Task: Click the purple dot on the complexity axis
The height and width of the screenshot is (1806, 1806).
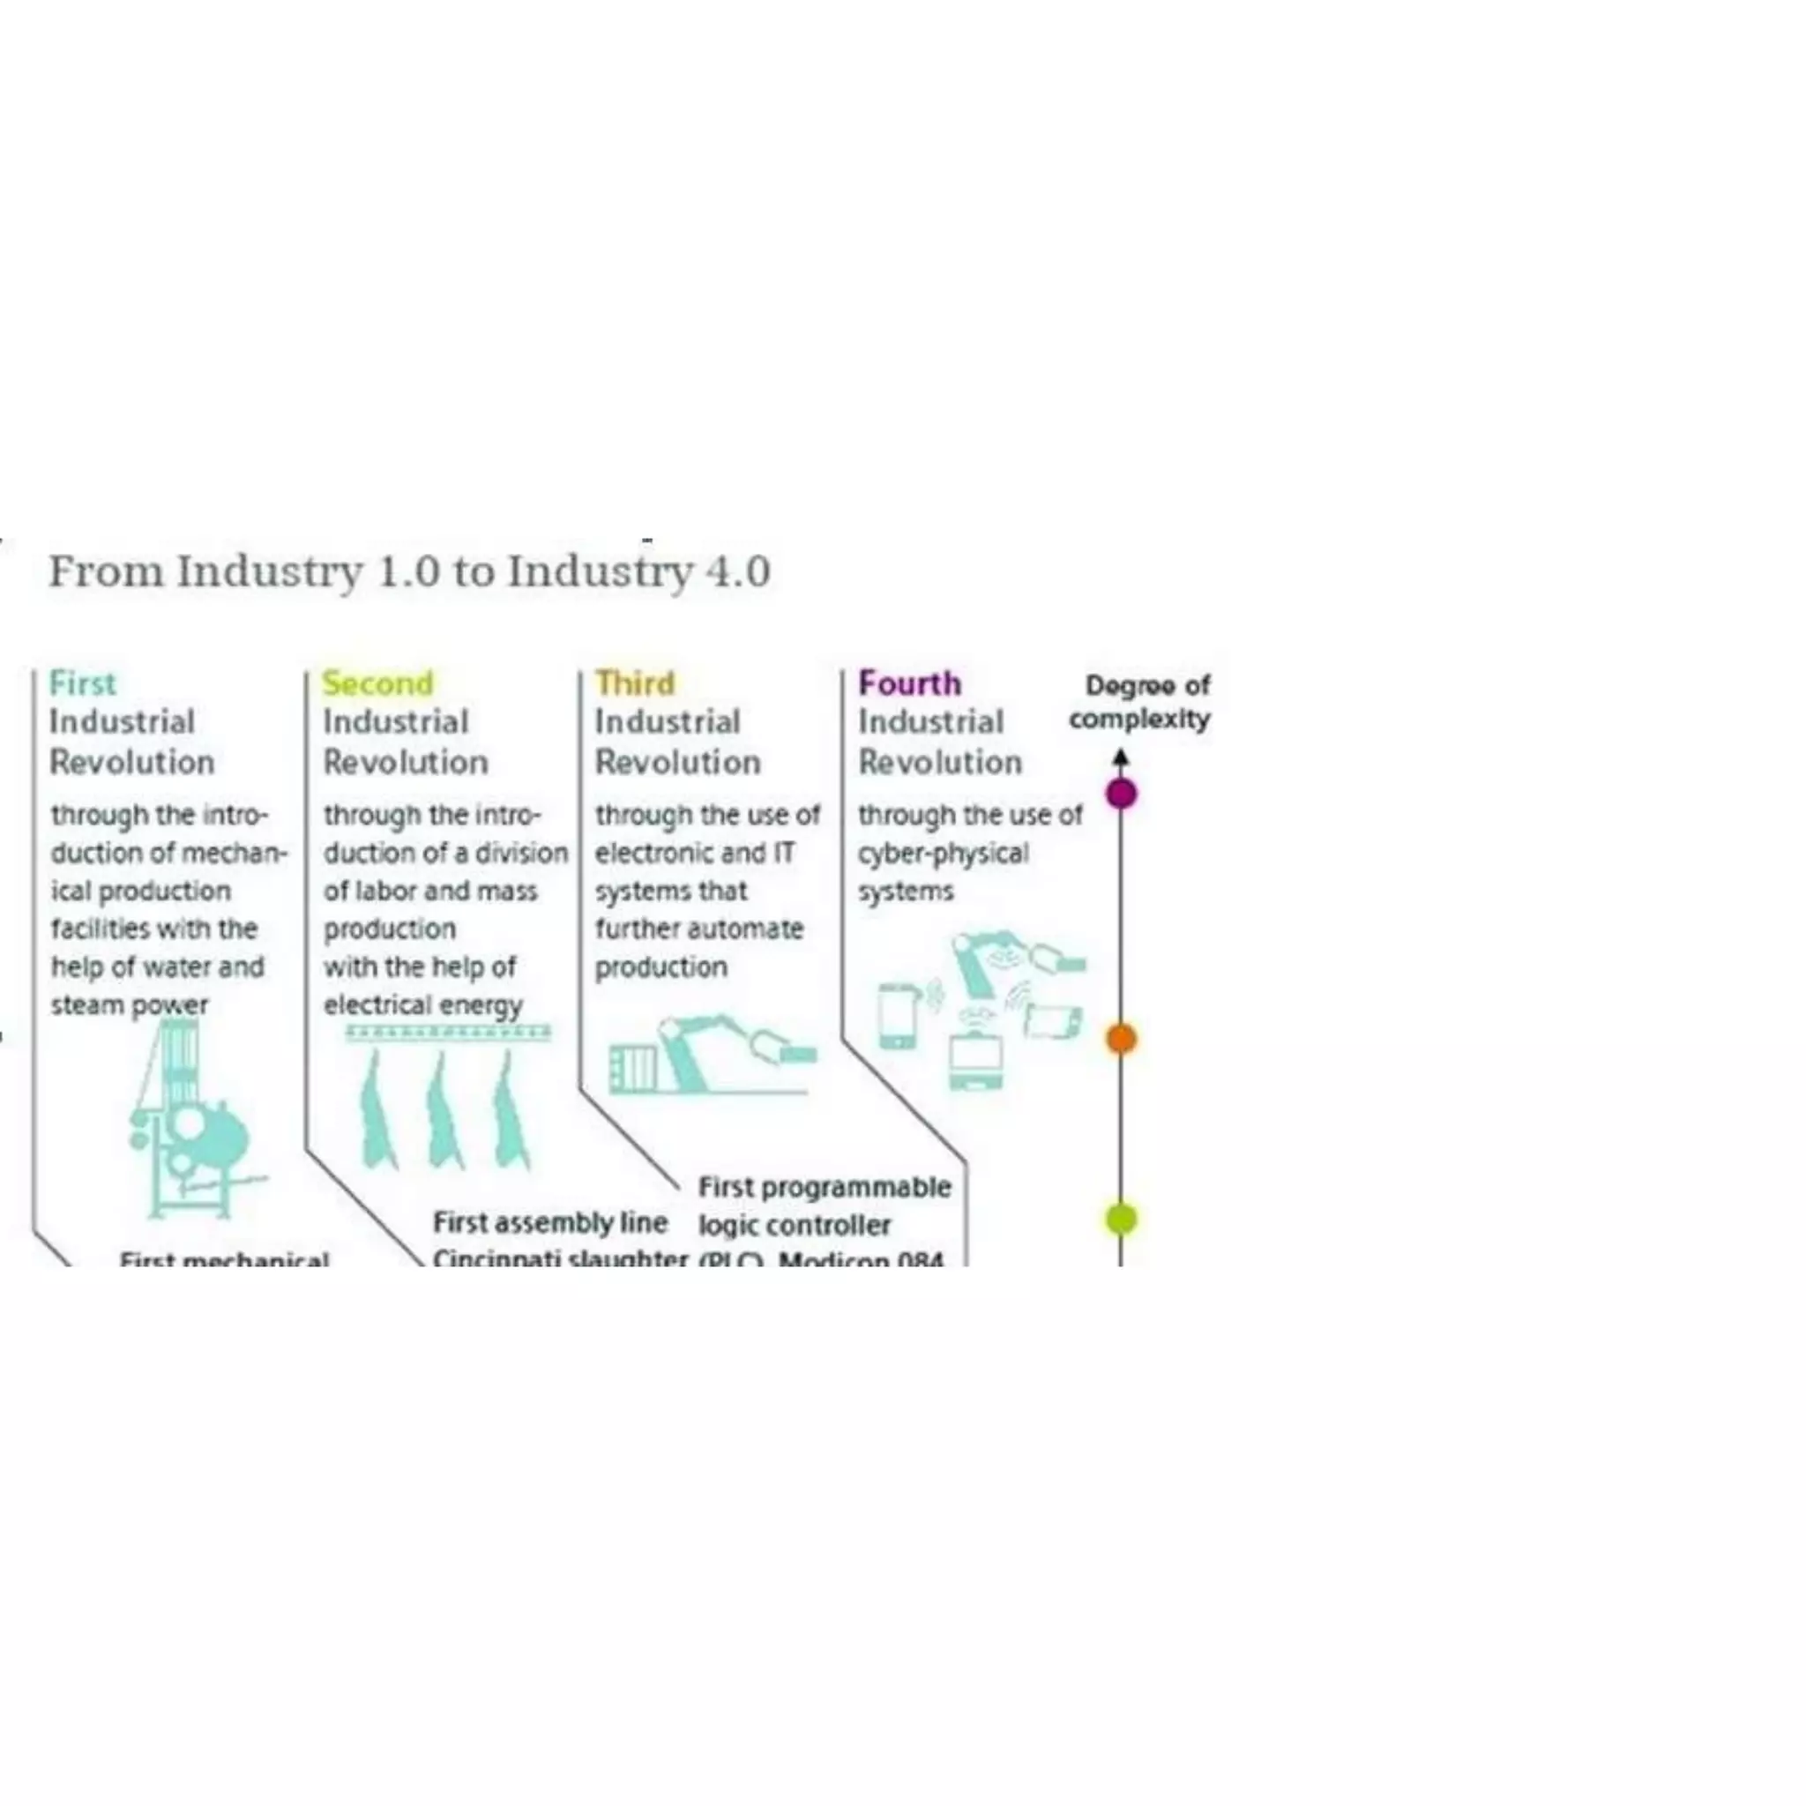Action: tap(1121, 794)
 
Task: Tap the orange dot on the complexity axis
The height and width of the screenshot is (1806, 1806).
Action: tap(1121, 1038)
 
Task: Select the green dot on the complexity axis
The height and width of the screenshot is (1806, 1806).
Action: tap(1121, 1218)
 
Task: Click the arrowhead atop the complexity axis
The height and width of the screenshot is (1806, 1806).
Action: tap(1121, 757)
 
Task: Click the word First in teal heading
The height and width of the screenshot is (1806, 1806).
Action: tap(82, 683)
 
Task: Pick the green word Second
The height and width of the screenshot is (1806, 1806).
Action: tap(377, 683)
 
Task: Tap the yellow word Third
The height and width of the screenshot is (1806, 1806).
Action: tap(635, 683)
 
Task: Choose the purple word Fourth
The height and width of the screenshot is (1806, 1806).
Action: tap(909, 683)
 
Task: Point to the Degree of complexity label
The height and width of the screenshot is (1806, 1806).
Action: tap(1140, 702)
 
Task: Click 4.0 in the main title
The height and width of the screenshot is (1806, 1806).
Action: tap(738, 571)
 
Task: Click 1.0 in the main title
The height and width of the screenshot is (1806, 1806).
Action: tap(408, 571)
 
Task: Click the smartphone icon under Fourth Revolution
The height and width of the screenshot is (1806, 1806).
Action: tap(898, 1015)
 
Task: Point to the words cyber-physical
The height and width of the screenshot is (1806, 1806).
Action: tap(944, 854)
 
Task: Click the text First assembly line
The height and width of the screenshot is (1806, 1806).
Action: tap(549, 1223)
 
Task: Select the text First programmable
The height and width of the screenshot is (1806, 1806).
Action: tap(825, 1187)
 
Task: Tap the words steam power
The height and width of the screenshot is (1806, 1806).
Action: tap(129, 1006)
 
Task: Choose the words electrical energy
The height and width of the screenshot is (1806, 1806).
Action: tap(422, 1006)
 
